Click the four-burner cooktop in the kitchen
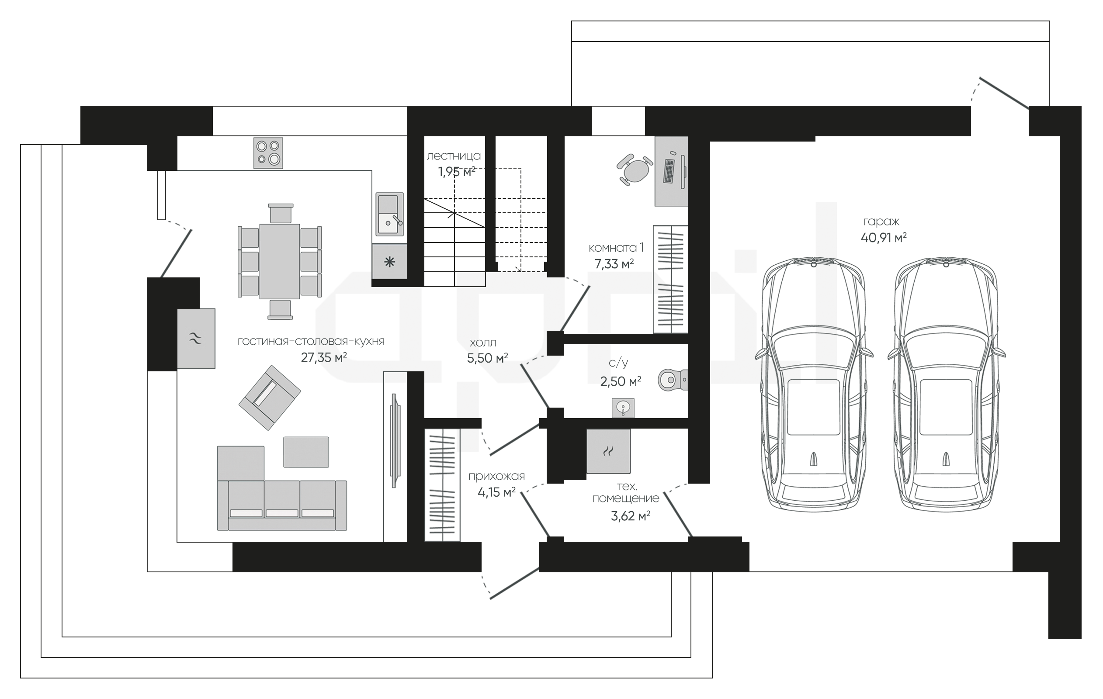pos(268,153)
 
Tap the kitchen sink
pos(389,214)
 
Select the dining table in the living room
pos(280,261)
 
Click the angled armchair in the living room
pos(270,397)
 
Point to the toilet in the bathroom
pos(673,380)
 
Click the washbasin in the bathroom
pos(623,408)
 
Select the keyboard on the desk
pos(668,171)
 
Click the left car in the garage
pos(814,385)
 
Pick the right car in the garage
pos(946,385)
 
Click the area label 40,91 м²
pos(884,238)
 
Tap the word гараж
pos(881,221)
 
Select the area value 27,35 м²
pos(323,357)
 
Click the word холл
pos(483,343)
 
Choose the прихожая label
pos(496,476)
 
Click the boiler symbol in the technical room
pos(608,451)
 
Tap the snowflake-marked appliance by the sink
pos(389,262)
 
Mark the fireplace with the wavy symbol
pos(196,339)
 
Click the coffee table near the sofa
pos(306,452)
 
